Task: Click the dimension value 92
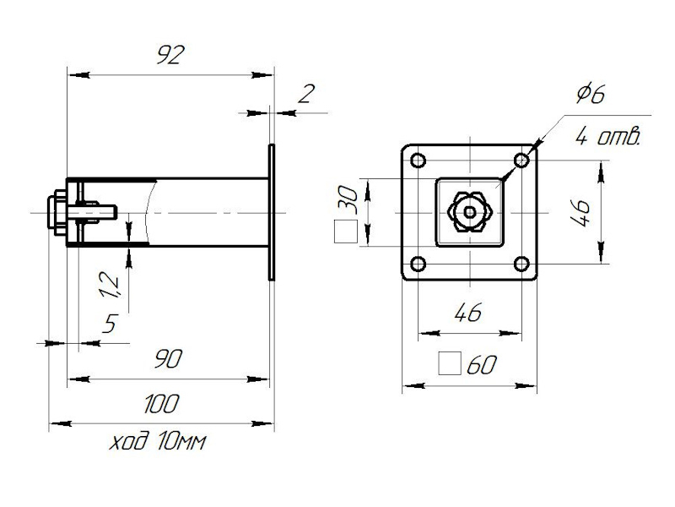coord(170,57)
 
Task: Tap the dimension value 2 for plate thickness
coord(305,93)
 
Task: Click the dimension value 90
coord(169,358)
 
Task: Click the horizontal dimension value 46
coord(467,313)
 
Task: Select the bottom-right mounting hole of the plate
coord(521,264)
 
